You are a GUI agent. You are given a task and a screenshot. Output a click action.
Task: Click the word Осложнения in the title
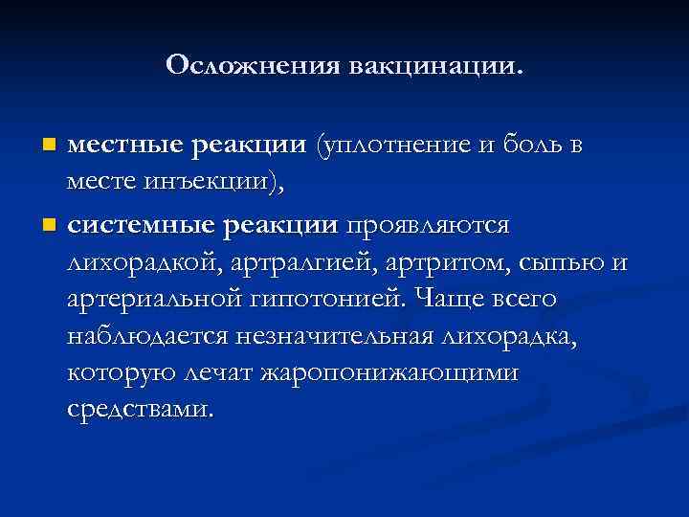point(252,66)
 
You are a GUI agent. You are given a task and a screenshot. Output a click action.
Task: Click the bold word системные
point(141,226)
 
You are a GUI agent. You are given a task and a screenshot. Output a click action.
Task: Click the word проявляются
point(428,226)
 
